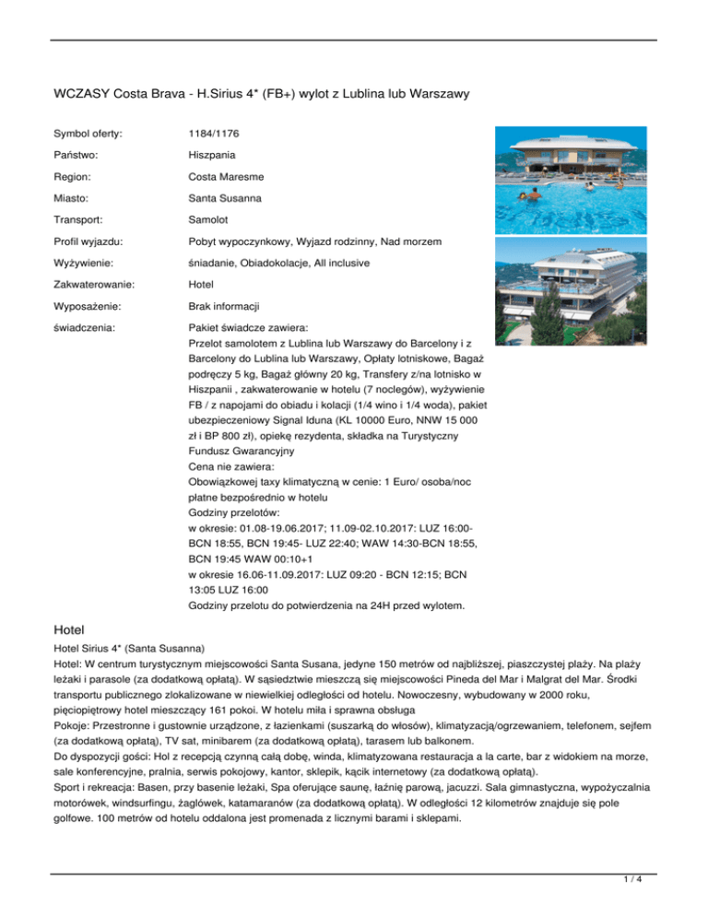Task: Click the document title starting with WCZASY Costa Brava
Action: [x=263, y=93]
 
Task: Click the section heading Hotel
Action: [x=70, y=628]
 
